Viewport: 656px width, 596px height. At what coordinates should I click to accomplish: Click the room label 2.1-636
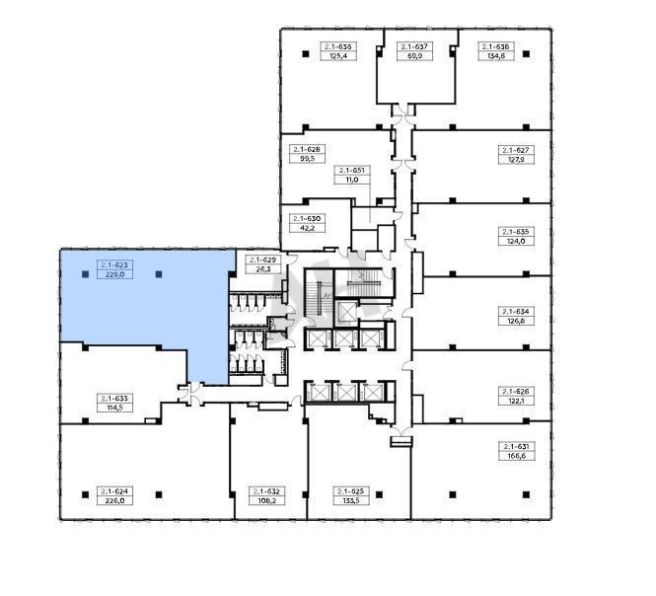point(338,46)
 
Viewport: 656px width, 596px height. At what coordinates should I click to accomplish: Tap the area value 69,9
point(414,56)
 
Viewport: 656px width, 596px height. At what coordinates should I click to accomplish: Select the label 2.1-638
point(496,46)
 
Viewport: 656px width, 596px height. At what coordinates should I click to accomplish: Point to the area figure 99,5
point(308,159)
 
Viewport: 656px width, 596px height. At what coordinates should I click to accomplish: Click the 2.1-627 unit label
point(516,150)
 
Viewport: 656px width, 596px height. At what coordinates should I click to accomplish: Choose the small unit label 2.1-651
point(352,171)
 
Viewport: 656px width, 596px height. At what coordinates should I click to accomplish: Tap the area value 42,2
point(308,228)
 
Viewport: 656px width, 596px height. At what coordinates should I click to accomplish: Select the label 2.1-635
point(516,232)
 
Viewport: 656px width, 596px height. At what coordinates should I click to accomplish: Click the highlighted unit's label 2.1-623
point(114,264)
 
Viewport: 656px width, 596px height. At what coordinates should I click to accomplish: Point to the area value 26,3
point(262,269)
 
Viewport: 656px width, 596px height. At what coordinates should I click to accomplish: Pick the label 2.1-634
point(516,312)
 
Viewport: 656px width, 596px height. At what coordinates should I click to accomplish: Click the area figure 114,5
point(114,408)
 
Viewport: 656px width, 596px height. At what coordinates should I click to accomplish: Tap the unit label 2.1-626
point(516,392)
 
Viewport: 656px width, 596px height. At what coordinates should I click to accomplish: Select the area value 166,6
point(516,456)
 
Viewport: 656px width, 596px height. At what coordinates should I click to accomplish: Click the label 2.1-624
point(114,491)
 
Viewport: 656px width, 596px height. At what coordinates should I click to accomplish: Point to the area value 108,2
point(267,500)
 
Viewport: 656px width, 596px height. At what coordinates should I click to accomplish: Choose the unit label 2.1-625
point(351,491)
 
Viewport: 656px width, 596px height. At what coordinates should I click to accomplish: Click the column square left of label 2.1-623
point(86,274)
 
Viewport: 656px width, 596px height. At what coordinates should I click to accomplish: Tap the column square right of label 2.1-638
point(527,54)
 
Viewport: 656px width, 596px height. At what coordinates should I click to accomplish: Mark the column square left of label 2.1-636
point(306,54)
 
